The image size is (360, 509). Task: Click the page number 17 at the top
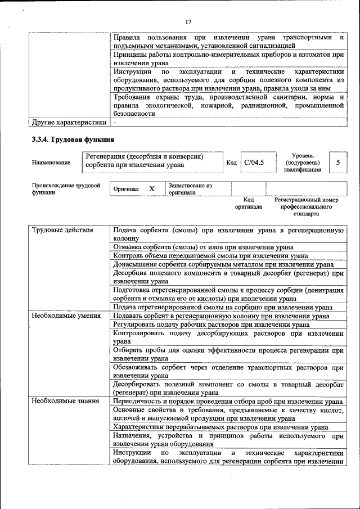(x=188, y=22)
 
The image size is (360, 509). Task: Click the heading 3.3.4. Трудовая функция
(x=74, y=139)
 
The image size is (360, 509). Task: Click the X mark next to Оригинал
(x=151, y=189)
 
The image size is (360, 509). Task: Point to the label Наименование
(x=51, y=163)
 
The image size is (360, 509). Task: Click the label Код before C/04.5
(x=231, y=163)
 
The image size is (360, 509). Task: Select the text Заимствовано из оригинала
(x=190, y=189)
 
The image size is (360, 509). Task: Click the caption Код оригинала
(x=248, y=203)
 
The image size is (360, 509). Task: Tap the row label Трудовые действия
(x=62, y=230)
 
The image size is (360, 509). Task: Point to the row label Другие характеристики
(x=69, y=121)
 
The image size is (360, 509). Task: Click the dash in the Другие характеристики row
(x=115, y=121)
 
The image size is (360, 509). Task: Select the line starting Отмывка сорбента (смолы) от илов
(x=203, y=247)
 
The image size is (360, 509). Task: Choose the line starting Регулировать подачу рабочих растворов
(x=210, y=325)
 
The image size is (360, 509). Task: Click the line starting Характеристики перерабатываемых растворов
(x=220, y=427)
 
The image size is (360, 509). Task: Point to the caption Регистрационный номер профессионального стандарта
(x=307, y=206)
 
